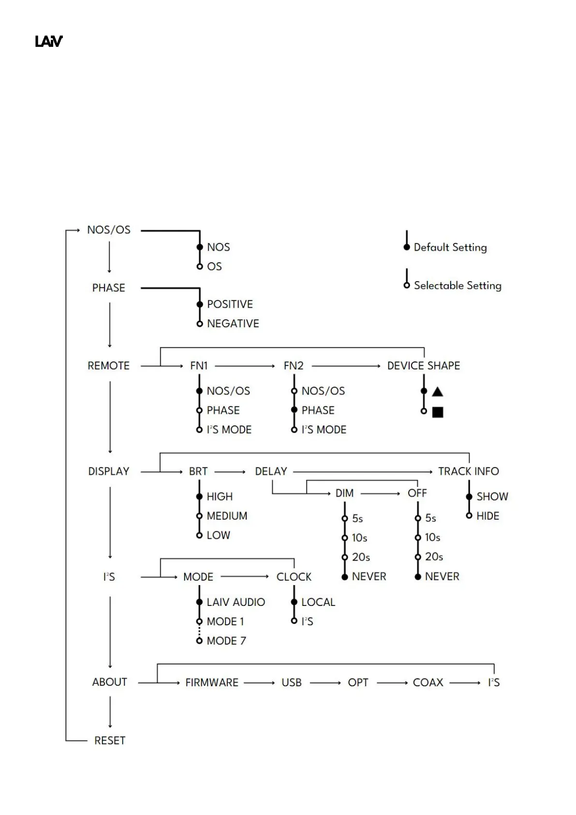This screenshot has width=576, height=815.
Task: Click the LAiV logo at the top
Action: click(49, 42)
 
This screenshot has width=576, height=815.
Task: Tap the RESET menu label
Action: click(110, 740)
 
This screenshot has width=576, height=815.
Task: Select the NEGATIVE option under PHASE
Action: click(233, 323)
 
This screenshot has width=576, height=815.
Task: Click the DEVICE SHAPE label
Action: click(424, 366)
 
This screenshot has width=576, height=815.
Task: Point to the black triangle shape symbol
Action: click(437, 392)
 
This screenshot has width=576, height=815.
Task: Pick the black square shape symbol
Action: click(437, 412)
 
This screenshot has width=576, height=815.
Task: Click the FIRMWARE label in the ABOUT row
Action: click(212, 682)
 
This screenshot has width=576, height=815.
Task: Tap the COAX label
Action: click(428, 682)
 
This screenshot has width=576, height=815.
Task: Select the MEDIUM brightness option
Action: click(227, 516)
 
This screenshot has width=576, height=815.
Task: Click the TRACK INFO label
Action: click(468, 471)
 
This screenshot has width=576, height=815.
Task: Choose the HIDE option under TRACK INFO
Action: click(487, 516)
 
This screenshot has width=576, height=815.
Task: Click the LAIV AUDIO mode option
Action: click(236, 602)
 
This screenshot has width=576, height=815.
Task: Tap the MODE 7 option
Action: click(226, 641)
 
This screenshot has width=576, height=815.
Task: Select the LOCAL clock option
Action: click(318, 602)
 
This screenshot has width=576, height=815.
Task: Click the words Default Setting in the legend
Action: click(450, 247)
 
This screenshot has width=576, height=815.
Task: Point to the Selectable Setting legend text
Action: click(458, 286)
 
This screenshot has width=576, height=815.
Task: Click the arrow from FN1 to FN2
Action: click(245, 366)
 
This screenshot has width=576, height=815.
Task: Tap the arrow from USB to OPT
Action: click(325, 682)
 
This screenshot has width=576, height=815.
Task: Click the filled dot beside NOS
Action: click(199, 247)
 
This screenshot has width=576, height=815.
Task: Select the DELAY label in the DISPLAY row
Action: click(271, 471)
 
